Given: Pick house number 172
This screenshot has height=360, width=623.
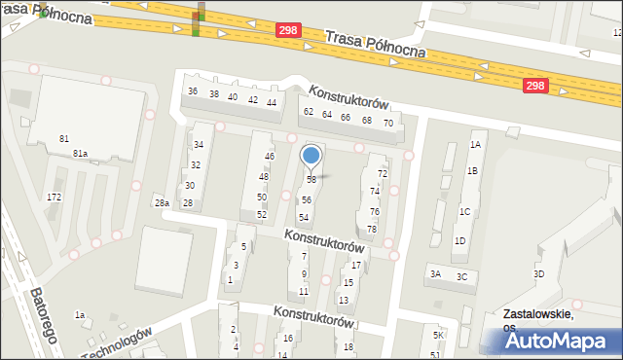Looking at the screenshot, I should (54, 198).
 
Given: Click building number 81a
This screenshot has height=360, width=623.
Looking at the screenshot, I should (80, 154).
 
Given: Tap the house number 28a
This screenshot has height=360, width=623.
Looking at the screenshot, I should (162, 203).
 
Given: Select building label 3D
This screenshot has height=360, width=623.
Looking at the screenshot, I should (538, 274).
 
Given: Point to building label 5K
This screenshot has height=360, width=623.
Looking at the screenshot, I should (438, 336).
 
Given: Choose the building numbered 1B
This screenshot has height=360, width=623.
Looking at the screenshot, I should (472, 171).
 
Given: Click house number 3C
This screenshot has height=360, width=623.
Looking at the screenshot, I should (461, 277).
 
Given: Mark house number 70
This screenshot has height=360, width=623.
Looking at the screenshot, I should (387, 124).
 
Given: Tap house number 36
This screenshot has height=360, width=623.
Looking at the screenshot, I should (193, 91).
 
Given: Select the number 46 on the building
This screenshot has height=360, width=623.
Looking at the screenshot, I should (270, 157).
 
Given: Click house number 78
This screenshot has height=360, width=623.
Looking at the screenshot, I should (372, 230).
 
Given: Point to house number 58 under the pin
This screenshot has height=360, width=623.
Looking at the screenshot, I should (311, 180).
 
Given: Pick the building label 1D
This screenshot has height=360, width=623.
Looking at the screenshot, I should (459, 240).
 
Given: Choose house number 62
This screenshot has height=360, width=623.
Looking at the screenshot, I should (309, 113).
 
